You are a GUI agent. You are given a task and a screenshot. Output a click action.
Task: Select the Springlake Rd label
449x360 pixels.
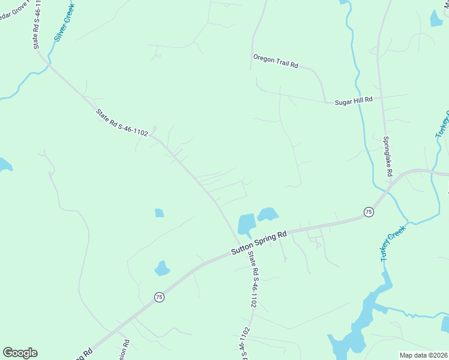click(x=388, y=156)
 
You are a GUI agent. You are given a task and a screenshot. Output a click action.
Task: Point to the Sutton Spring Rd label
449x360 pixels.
click(x=260, y=245)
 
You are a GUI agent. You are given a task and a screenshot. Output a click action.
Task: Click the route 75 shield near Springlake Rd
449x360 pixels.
click(x=369, y=212)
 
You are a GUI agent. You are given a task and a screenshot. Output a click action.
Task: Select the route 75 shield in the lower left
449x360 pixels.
click(x=158, y=297)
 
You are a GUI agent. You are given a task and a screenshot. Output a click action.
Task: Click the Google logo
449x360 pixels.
click(x=20, y=353)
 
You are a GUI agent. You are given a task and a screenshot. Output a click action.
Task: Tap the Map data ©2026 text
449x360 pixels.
click(x=423, y=355)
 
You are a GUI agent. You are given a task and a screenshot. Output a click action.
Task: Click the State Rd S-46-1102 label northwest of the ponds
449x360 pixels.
click(x=122, y=122)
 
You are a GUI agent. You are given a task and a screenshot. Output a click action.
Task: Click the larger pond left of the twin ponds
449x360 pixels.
click(x=247, y=224)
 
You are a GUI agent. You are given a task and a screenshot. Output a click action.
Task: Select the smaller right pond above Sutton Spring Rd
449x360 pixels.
click(x=268, y=214)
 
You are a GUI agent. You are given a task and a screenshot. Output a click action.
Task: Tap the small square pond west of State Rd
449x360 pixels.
click(x=159, y=212)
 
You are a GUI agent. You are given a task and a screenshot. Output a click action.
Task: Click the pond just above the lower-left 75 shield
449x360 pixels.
click(x=162, y=268)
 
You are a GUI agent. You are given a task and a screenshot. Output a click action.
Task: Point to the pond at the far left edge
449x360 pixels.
click(x=4, y=164)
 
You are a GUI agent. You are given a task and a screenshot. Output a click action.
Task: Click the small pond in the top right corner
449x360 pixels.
click(x=436, y=19)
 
